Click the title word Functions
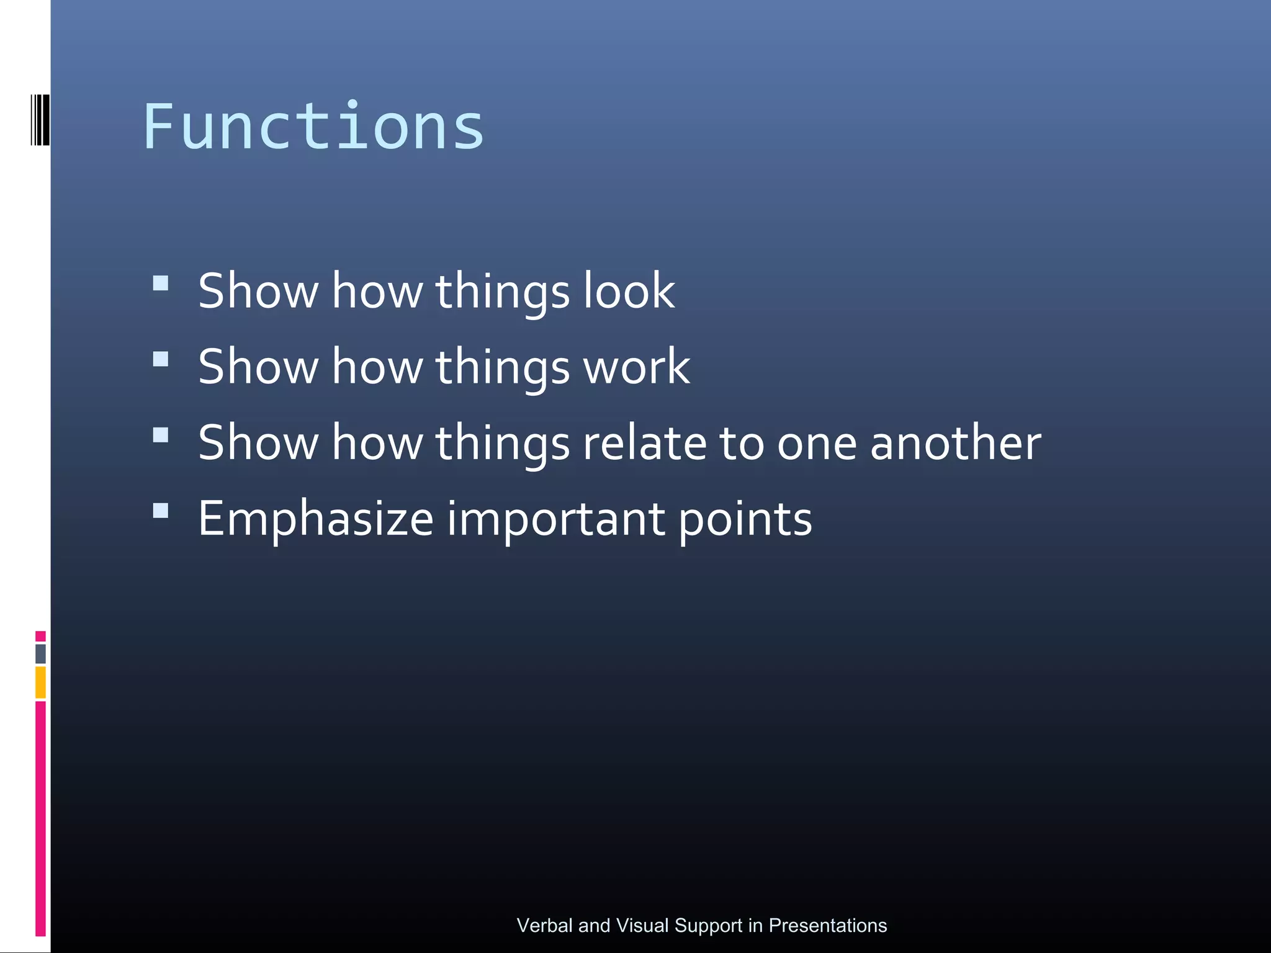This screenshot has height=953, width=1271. click(313, 127)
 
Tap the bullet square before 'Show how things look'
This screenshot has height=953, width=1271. click(161, 284)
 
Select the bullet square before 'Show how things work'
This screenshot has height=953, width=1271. click(161, 359)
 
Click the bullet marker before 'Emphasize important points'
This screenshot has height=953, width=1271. click(161, 511)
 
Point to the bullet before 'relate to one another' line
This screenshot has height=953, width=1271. click(161, 435)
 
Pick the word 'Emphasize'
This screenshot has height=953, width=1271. click(315, 519)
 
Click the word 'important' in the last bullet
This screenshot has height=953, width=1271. click(555, 519)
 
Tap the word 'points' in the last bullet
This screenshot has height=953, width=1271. click(745, 519)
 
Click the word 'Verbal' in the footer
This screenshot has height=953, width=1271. click(544, 926)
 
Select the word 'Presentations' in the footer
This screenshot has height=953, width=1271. click(827, 926)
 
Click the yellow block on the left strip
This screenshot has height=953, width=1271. click(40, 682)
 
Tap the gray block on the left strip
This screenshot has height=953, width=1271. click(40, 653)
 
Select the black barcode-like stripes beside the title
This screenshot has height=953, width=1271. click(40, 120)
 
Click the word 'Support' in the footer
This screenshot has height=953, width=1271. click(708, 926)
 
